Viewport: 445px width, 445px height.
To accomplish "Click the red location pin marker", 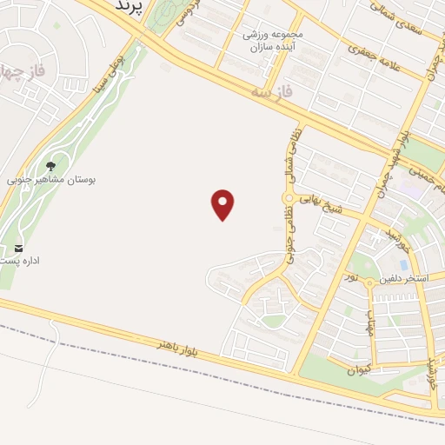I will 223,204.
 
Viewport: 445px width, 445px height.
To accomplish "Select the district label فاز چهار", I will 17,70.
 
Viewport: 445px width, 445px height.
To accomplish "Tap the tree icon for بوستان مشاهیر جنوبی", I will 50,165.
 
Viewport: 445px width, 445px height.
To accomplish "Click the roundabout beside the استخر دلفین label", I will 369,282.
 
